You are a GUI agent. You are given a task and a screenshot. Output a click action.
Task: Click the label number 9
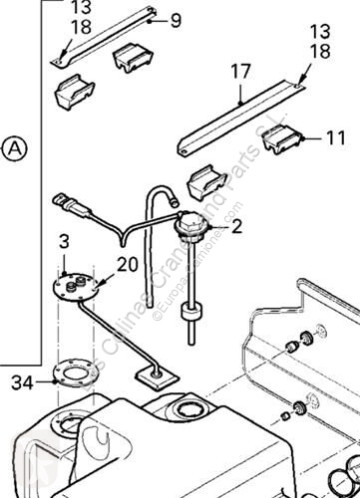(177, 19)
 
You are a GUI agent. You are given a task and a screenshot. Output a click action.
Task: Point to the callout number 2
(236, 228)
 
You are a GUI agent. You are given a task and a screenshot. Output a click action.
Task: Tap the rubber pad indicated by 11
(285, 141)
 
